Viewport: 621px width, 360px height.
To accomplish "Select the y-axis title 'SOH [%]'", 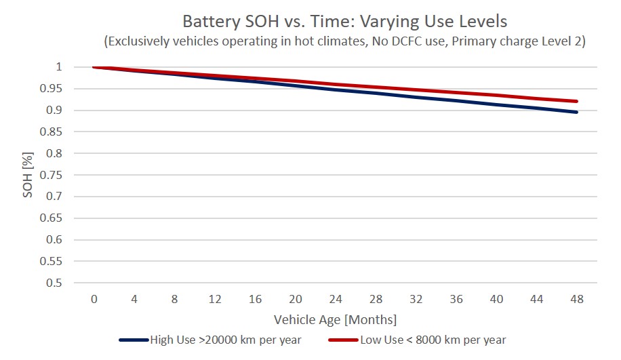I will (x=28, y=175).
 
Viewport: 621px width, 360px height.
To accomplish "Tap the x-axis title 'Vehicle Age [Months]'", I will (x=335, y=319).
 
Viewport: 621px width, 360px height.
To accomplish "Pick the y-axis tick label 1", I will (x=60, y=67).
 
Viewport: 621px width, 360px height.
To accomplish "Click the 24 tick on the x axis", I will (x=335, y=299).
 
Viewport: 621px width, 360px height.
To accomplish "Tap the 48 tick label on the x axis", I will (x=577, y=299).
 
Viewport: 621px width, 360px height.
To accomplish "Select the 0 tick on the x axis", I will (x=94, y=299).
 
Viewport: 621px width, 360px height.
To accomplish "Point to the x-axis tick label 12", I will (x=214, y=299).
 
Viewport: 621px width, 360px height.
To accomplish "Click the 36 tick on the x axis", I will (x=456, y=299).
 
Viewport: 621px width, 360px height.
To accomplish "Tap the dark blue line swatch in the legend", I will (x=134, y=340).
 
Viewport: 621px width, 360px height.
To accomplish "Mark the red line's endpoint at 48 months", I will (x=577, y=102).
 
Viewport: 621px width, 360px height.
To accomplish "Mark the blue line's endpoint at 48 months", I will (x=577, y=112).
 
